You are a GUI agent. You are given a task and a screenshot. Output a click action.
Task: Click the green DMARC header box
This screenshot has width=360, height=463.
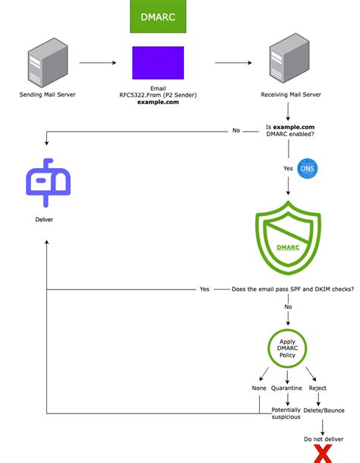tap(158, 16)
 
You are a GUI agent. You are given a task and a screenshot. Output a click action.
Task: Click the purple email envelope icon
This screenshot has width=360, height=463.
tap(158, 63)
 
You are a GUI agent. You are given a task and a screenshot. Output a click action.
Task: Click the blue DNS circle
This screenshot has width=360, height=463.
tap(308, 168)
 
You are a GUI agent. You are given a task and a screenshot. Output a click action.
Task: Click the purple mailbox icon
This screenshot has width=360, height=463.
tap(48, 182)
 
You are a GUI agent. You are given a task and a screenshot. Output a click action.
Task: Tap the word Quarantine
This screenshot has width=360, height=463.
tap(287, 388)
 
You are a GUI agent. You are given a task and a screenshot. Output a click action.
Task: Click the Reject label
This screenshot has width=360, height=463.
tap(317, 388)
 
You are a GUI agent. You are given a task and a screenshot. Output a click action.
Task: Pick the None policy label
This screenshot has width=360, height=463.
tap(259, 388)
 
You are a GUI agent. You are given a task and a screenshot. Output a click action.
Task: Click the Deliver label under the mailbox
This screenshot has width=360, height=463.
tap(45, 220)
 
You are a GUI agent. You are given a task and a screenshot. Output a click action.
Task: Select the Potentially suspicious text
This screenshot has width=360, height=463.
tap(286, 414)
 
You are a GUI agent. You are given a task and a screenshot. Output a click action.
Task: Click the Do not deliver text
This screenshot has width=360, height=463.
tap(323, 439)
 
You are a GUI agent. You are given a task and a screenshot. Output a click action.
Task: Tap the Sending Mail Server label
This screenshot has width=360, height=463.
tap(48, 95)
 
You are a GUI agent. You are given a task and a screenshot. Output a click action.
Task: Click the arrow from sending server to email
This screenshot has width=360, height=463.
tap(100, 64)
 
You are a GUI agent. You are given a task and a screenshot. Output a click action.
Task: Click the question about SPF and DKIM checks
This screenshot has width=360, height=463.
tap(292, 289)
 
